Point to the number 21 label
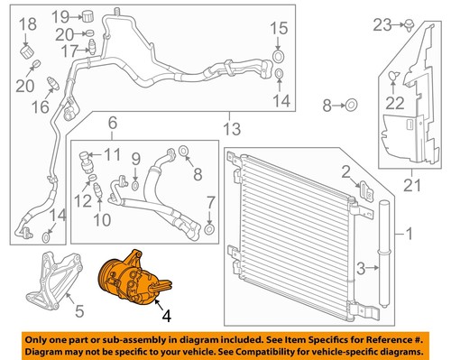coord(412,186)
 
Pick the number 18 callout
coord(26,23)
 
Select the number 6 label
coord(113,124)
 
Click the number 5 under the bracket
coord(78,312)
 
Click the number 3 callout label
coord(361,267)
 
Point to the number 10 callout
coord(102,219)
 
